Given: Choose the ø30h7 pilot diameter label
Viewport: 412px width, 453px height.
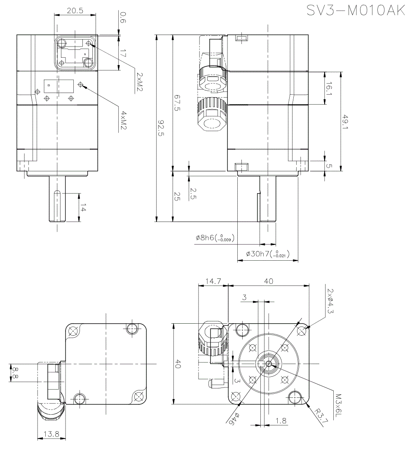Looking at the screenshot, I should pyautogui.click(x=267, y=255).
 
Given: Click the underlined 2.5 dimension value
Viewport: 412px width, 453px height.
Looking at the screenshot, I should pyautogui.click(x=194, y=193).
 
